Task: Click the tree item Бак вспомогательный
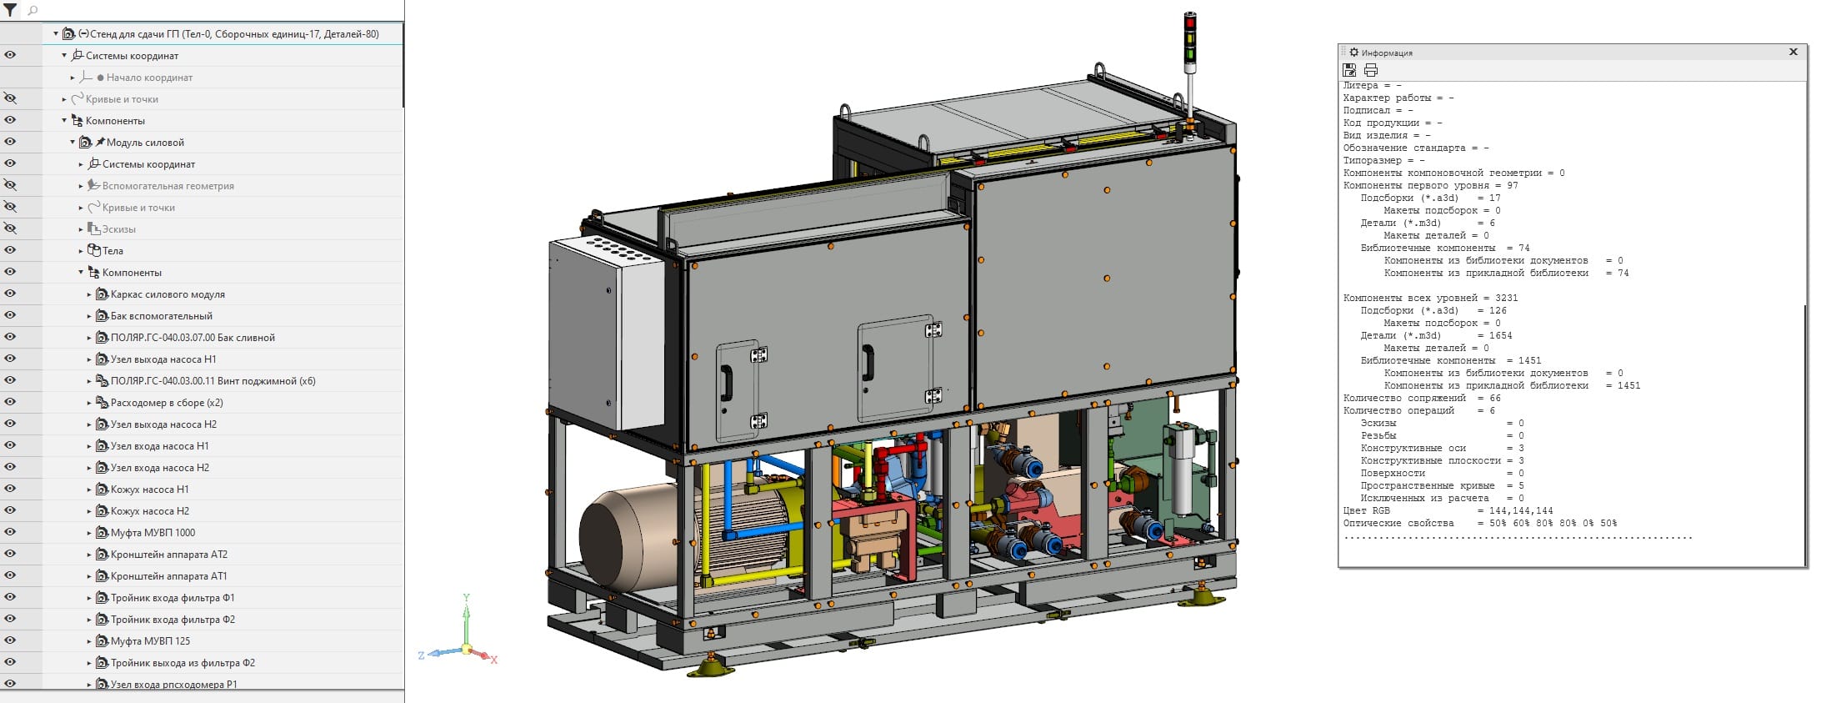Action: [161, 316]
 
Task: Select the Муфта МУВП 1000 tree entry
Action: [153, 533]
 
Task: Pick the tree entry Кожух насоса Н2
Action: [150, 511]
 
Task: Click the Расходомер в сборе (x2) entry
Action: [167, 403]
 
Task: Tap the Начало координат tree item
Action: [149, 78]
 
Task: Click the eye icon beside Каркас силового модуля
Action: [10, 294]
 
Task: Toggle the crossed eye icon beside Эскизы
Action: [10, 228]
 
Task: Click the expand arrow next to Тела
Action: [81, 251]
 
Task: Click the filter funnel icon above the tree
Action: [10, 11]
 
